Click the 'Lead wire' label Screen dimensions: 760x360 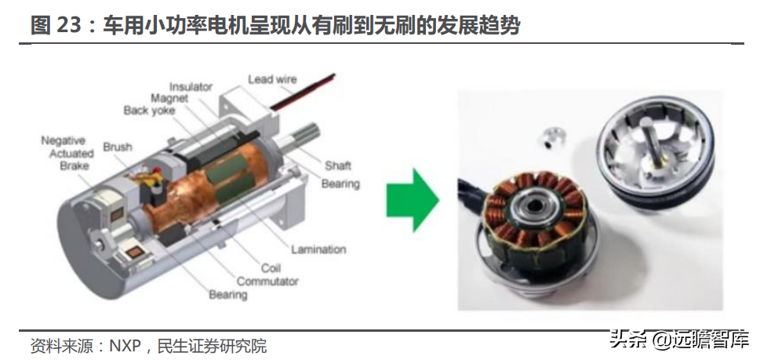tap(272, 79)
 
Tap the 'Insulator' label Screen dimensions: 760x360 tap(191, 87)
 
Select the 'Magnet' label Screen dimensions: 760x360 tap(169, 99)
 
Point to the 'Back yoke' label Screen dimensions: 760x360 tap(149, 111)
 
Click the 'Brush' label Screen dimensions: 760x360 tap(118, 147)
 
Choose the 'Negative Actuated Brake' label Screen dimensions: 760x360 tap(67, 153)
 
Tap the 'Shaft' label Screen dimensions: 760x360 tap(337, 165)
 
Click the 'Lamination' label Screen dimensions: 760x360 tap(318, 250)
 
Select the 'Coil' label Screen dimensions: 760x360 tap(271, 268)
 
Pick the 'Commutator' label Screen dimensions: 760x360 tap(267, 281)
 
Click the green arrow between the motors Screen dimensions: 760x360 tap(413, 200)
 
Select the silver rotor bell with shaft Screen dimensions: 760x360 tap(656, 151)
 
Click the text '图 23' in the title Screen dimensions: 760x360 tap(54, 25)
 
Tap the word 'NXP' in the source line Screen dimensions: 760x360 tap(125, 346)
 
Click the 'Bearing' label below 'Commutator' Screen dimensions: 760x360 tap(227, 295)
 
